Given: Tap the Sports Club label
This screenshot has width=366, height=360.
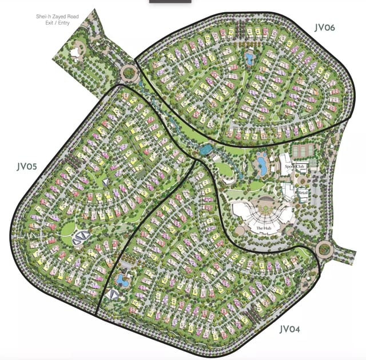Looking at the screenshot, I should click(x=297, y=167).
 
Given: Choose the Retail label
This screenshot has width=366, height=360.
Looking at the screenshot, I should click(x=303, y=193).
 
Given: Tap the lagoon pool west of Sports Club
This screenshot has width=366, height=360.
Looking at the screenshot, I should click(x=261, y=166).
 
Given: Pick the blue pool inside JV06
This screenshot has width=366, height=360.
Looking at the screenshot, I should click(x=250, y=58).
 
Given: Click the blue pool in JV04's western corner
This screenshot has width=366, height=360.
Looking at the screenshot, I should click(x=122, y=280).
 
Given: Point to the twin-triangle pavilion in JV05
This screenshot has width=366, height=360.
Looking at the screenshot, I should click(x=81, y=238).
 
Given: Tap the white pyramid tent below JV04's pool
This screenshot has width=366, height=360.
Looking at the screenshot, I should click(x=113, y=294).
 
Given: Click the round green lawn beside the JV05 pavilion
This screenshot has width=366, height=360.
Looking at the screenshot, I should click(x=68, y=230).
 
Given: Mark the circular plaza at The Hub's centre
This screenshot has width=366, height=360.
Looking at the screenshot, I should click(x=266, y=203).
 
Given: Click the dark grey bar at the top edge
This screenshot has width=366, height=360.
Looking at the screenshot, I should click(x=170, y=2).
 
